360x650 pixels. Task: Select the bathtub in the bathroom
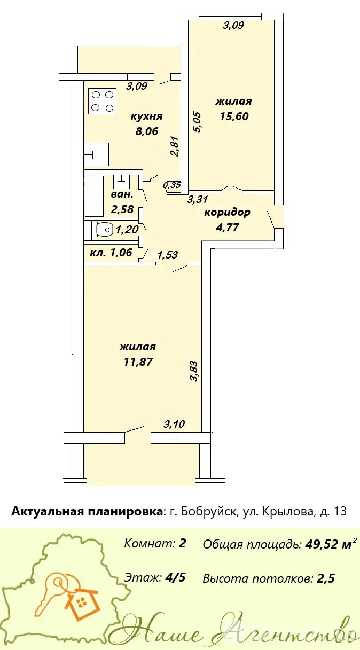tap(94, 196)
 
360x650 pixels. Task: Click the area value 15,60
tap(234, 116)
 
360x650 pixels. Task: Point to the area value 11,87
tap(138, 362)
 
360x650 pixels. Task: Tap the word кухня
tap(147, 116)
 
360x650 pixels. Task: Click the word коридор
tap(227, 213)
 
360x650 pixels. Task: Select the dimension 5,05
tap(197, 123)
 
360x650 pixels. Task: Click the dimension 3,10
tap(174, 424)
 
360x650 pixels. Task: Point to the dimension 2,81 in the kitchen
tap(175, 146)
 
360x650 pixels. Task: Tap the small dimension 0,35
tap(172, 185)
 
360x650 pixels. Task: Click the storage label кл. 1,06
tap(111, 253)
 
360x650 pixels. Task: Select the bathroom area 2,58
tap(122, 209)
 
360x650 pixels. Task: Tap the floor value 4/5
tap(175, 578)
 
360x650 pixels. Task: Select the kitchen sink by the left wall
tap(96, 154)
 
